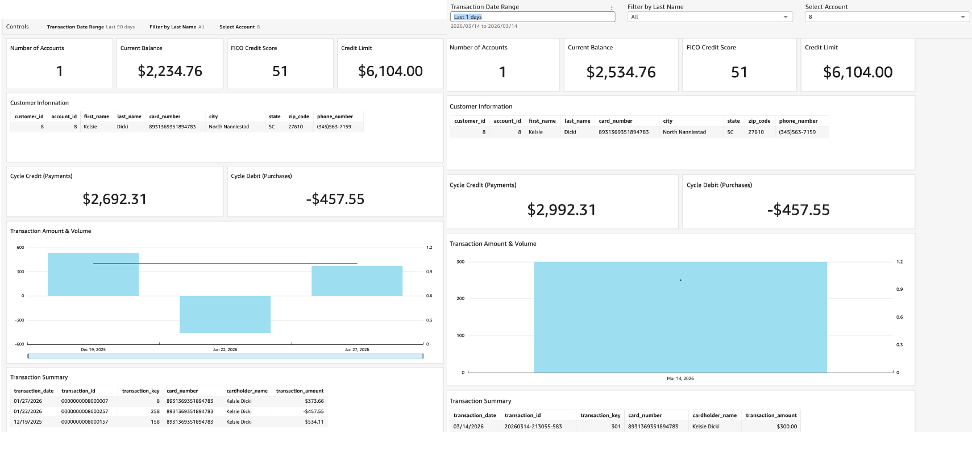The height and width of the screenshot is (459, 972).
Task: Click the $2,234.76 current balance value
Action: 170,71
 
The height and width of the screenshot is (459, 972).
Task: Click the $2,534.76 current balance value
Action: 621,72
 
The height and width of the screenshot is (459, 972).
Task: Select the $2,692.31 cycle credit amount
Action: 115,199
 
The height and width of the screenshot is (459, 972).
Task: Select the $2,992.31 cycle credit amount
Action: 562,210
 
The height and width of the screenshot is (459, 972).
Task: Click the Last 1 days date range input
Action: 532,17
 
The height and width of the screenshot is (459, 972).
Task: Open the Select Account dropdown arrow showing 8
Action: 963,17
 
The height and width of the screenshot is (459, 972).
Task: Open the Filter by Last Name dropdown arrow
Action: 786,17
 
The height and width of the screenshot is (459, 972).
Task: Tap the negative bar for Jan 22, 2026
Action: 225,314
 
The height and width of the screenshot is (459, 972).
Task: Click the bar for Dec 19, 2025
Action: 93,274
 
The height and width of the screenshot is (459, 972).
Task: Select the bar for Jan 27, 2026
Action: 357,281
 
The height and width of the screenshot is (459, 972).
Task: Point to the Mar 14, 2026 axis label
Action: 680,378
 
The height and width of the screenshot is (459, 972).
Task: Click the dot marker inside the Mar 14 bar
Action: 680,280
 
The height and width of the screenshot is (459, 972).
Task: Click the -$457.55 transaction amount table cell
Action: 313,411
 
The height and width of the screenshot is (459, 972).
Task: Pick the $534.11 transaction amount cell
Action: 314,422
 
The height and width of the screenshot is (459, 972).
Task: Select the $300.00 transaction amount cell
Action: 787,427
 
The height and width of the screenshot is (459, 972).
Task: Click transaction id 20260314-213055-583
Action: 533,427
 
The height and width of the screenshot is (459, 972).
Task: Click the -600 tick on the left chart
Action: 20,344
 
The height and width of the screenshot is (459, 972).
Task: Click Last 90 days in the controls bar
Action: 121,27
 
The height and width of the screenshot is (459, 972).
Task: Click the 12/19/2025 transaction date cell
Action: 28,422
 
